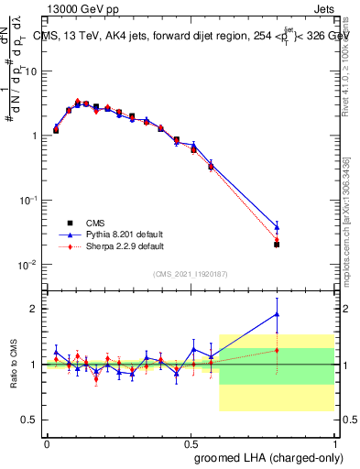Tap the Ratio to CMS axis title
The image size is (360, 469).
click(x=15, y=365)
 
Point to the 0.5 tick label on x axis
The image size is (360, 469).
click(x=191, y=442)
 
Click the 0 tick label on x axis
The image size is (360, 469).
click(x=48, y=442)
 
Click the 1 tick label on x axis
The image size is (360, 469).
click(x=334, y=442)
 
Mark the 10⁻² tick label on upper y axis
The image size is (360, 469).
click(x=27, y=265)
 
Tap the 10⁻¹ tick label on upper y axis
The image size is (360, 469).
click(x=27, y=200)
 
